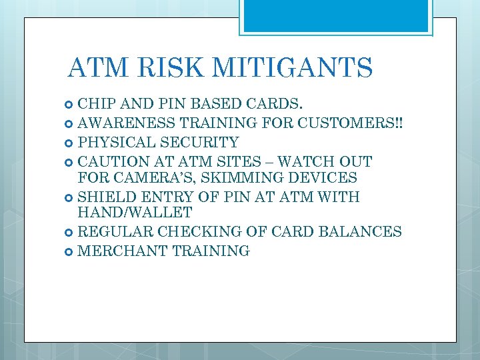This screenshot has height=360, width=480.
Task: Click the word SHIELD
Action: click(x=106, y=197)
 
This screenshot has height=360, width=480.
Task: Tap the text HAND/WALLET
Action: click(x=135, y=213)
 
